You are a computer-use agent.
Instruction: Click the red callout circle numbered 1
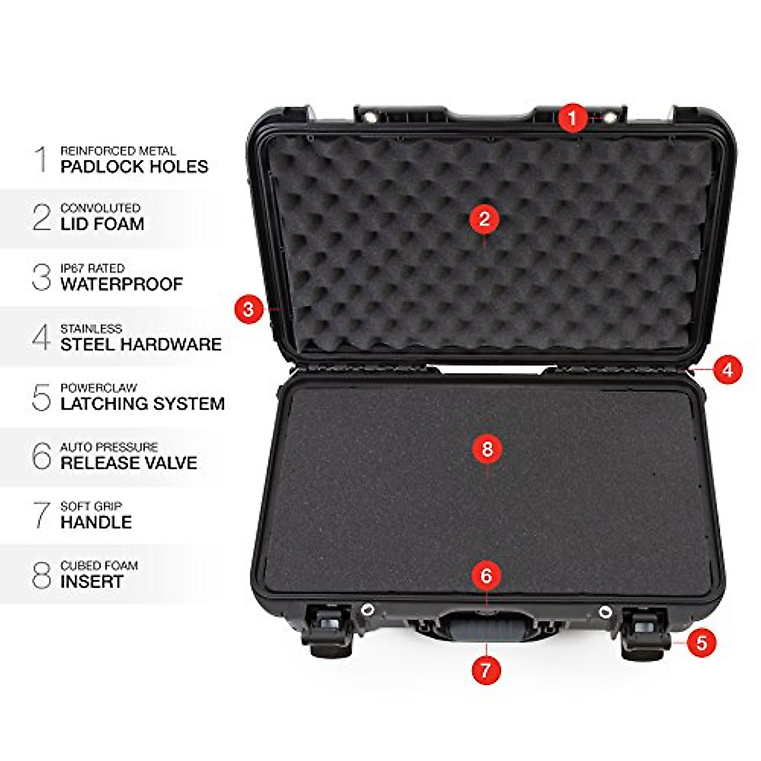(573, 119)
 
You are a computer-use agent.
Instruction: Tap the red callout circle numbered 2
(485, 219)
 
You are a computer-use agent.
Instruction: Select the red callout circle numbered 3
(248, 309)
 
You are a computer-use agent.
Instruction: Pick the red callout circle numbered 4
(727, 369)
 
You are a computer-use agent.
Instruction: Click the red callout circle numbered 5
(701, 642)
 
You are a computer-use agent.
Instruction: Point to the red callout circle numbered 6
(486, 576)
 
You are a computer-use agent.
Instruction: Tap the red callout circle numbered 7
(486, 670)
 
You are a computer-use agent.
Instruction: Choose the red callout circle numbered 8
(487, 449)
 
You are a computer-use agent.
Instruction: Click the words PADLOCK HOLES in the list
(134, 167)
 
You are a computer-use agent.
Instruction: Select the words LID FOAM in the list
(102, 224)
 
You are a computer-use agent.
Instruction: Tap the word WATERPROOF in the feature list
(122, 284)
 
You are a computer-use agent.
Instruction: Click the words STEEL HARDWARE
(141, 344)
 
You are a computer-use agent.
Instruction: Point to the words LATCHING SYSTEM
(143, 404)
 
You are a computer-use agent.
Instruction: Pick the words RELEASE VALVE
(129, 463)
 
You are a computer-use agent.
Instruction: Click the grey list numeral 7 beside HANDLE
(42, 515)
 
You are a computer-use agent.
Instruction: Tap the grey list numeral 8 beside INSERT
(41, 575)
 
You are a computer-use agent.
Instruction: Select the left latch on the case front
(328, 631)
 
